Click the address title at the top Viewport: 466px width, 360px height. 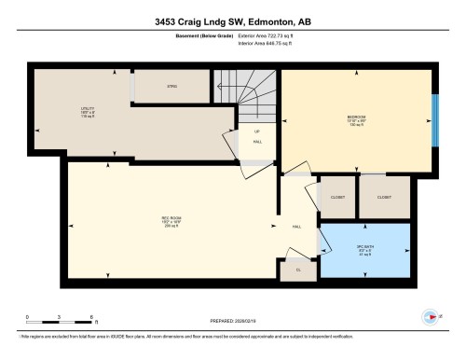pyautogui.click(x=232, y=21)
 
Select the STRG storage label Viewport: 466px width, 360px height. pyautogui.click(x=171, y=87)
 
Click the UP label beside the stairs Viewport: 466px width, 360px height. pyautogui.click(x=255, y=131)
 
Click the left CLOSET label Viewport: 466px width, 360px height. pyautogui.click(x=337, y=198)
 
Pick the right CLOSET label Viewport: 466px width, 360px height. pyautogui.click(x=384, y=198)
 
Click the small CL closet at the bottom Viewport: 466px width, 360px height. pyautogui.click(x=298, y=270)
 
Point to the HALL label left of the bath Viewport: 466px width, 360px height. pyautogui.click(x=296, y=227)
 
